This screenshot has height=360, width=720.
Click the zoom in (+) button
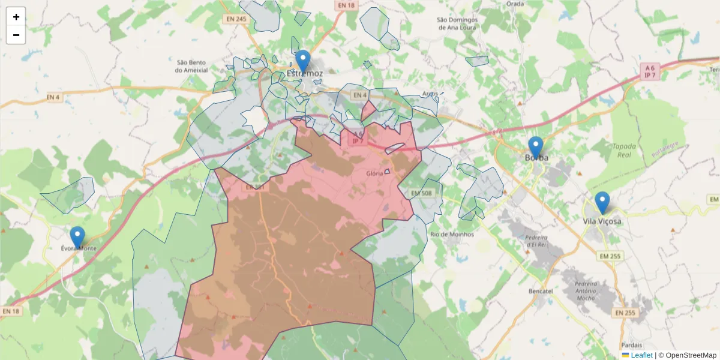(x=16, y=17)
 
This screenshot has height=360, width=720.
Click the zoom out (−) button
(x=16, y=35)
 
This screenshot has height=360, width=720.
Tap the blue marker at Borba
(x=535, y=148)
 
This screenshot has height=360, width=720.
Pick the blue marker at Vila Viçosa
(x=602, y=203)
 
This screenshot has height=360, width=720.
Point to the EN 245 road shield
(x=236, y=19)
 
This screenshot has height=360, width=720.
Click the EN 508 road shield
(x=421, y=193)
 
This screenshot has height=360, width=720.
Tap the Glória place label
(x=374, y=173)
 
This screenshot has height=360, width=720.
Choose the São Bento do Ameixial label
(x=192, y=66)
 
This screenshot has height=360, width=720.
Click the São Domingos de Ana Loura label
(x=457, y=23)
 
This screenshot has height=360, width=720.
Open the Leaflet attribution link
(x=641, y=355)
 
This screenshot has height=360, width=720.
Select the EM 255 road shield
(x=610, y=256)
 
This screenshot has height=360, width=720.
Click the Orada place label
(x=515, y=3)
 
